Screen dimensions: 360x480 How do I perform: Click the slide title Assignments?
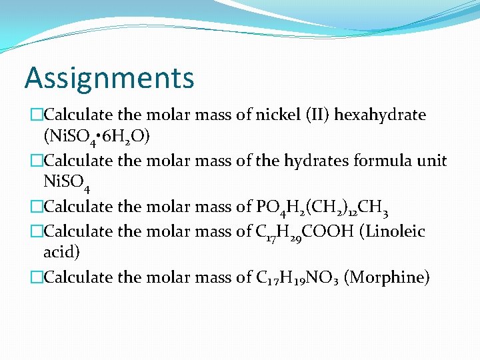tap(109, 79)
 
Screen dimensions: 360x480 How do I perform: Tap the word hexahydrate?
tap(380, 115)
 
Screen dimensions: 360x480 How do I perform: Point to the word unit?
tap(433, 161)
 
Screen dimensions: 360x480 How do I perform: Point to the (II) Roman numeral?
tap(316, 115)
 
